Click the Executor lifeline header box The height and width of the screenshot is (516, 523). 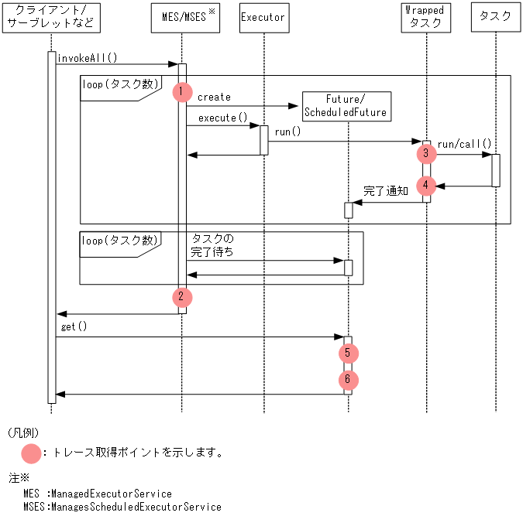pos(263,17)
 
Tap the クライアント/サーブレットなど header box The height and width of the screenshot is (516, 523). pos(51,17)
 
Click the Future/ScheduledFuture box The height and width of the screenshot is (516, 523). pos(346,106)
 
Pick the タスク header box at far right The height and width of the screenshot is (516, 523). pos(495,17)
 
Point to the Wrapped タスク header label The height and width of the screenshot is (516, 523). pos(425,16)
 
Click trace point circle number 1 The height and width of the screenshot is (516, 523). pos(181,92)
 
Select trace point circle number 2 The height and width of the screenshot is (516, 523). pos(181,296)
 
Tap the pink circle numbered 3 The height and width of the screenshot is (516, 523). pos(425,154)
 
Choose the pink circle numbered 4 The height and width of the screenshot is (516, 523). pos(425,186)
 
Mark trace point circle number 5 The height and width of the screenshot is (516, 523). pos(348,354)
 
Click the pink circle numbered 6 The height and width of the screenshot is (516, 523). pos(348,380)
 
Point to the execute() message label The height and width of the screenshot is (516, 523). pos(222,118)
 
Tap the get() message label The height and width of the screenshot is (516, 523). pos(74,327)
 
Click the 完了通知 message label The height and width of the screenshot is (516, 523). pos(385,190)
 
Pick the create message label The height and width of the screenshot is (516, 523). pos(214,97)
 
